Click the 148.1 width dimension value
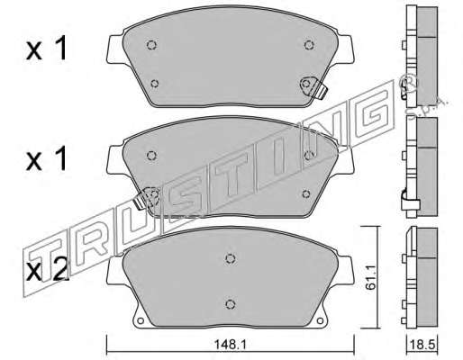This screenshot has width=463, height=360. (230, 345)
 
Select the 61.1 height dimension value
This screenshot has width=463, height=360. (371, 282)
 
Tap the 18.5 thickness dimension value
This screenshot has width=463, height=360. (422, 345)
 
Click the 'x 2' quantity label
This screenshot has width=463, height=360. (47, 271)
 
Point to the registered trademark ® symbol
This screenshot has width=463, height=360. (408, 82)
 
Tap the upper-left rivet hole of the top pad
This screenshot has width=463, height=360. (151, 45)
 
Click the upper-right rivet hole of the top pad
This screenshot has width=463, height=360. (309, 45)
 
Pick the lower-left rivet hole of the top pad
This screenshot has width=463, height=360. (155, 84)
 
